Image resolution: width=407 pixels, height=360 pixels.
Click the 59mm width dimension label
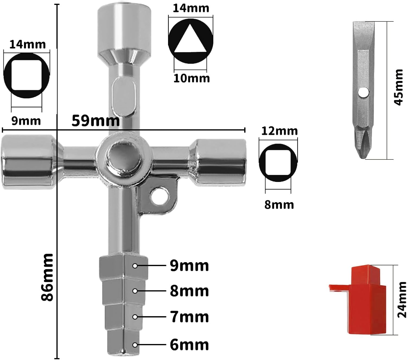(x=96, y=121)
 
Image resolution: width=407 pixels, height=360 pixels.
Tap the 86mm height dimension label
(x=47, y=277)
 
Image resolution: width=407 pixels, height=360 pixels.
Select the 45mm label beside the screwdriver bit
(x=398, y=87)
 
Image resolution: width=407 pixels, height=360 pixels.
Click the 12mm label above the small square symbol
(x=279, y=131)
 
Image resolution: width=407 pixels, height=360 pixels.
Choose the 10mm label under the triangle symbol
(x=192, y=78)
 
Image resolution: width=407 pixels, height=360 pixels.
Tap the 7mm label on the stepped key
(x=189, y=317)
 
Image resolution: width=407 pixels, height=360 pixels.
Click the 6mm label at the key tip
(x=189, y=345)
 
